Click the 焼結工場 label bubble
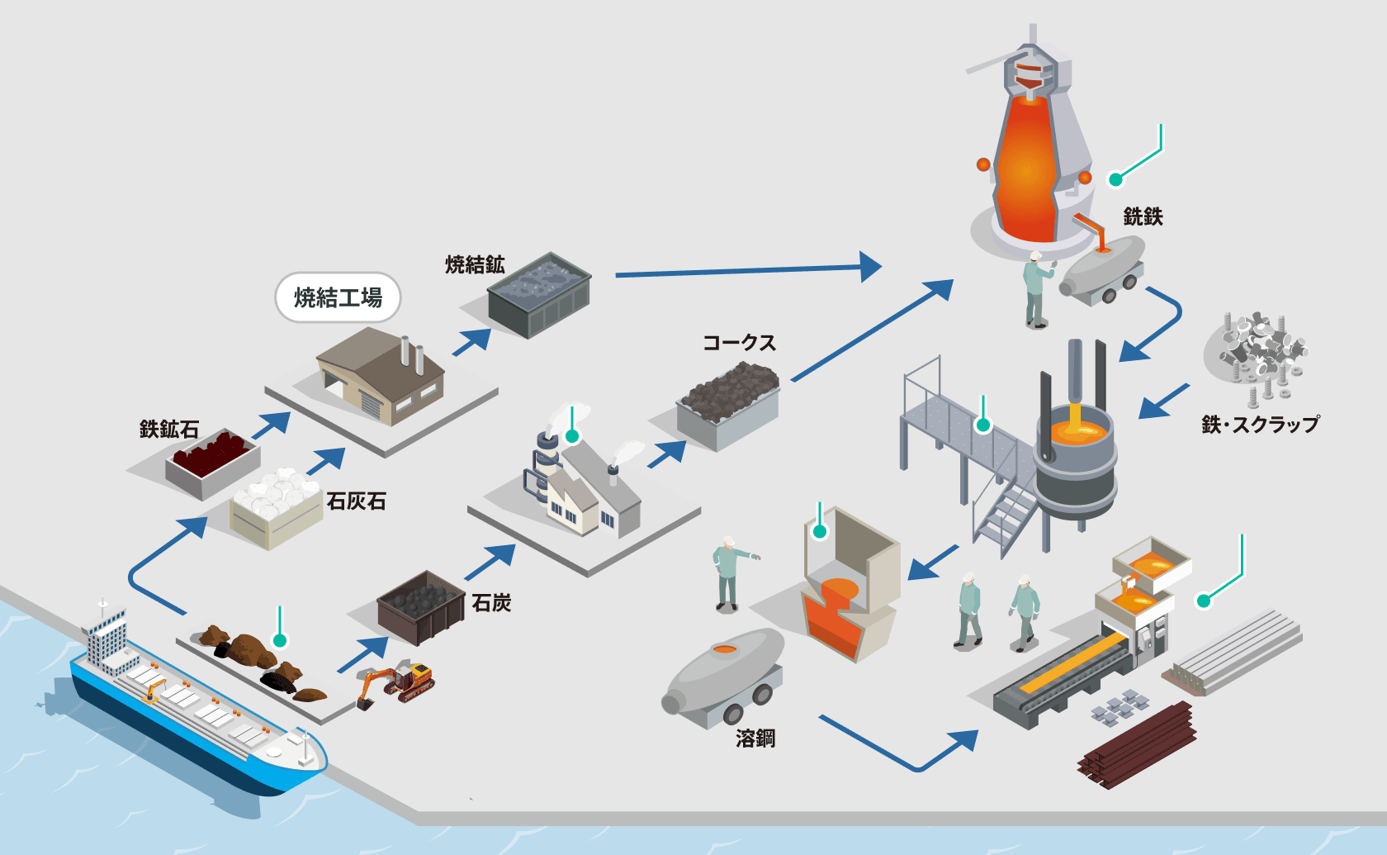tap(338, 297)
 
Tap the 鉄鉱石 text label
tap(169, 430)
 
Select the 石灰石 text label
tap(357, 501)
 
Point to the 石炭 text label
tap(492, 603)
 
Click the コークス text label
tap(739, 343)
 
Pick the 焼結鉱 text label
tap(475, 264)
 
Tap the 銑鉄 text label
tap(1143, 217)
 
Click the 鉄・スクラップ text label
tap(1260, 425)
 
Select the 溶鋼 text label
tap(755, 738)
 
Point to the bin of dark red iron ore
tap(213, 462)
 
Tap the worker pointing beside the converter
tap(728, 573)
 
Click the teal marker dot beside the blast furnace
tap(1116, 179)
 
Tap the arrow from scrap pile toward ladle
tap(1164, 401)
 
